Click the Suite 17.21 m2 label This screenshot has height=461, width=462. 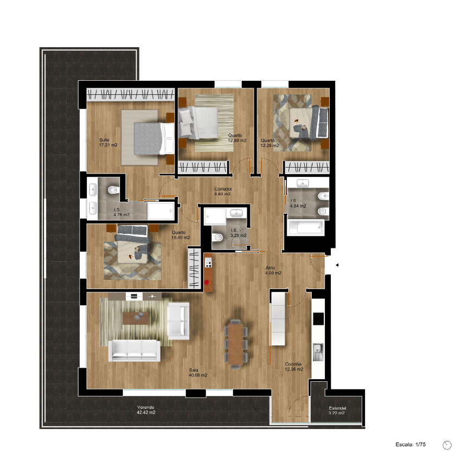tap(108, 143)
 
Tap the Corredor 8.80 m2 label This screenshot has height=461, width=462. tap(222, 191)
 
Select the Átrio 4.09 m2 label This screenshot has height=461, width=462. tap(273, 270)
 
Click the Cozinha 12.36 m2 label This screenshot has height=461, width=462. tap(294, 367)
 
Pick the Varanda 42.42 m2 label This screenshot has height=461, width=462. tap(146, 409)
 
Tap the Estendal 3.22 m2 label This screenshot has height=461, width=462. tap(337, 411)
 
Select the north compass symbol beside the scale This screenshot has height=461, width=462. tap(447, 445)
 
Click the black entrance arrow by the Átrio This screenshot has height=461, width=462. tap(337, 265)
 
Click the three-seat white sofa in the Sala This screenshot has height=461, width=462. tap(134, 350)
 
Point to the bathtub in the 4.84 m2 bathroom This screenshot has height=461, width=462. tap(305, 227)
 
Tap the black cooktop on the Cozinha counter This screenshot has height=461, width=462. tap(318, 318)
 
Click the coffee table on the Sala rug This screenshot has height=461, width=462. tap(136, 318)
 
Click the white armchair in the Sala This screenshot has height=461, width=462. tap(178, 321)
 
